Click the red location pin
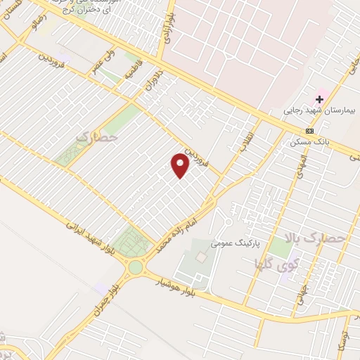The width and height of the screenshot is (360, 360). pyautogui.click(x=181, y=165)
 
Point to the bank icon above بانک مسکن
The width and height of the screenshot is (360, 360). pyautogui.click(x=310, y=131)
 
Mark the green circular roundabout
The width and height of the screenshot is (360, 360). pyautogui.click(x=135, y=267)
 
